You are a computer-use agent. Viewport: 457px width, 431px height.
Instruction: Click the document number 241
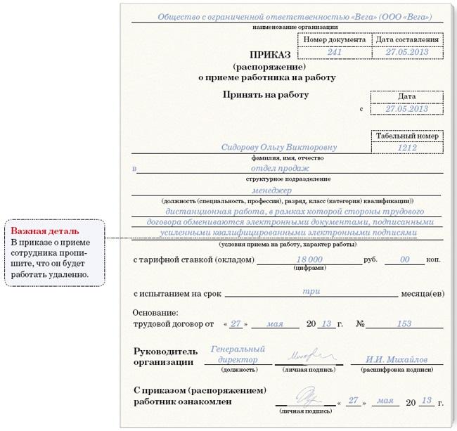pos(335,52)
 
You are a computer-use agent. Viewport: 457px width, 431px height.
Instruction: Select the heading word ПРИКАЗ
pos(270,54)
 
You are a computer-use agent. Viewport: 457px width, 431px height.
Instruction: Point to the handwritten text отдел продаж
pos(281,169)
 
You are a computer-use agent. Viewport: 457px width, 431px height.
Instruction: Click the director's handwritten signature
pos(305,354)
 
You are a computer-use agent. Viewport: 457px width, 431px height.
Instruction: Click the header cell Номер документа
pos(335,39)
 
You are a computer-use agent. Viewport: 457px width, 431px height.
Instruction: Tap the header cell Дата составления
pos(407,39)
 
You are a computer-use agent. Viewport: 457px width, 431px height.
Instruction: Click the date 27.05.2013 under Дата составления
pos(407,52)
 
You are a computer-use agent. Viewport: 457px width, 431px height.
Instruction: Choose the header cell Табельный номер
pos(407,136)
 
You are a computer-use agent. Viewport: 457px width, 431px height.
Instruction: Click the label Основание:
pos(156,312)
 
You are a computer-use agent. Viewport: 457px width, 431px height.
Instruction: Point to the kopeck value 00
pos(404,259)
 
